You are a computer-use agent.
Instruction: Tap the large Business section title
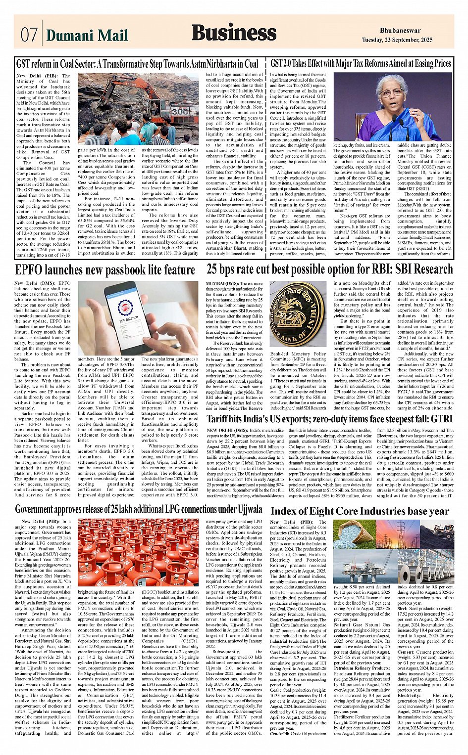[234, 33]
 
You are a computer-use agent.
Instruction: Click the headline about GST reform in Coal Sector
[137, 64]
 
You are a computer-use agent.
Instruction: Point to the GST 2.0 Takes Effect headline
[361, 64]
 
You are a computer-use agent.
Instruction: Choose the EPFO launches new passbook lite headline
[104, 270]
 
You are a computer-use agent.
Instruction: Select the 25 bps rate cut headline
[329, 269]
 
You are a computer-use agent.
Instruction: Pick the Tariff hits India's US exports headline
[329, 419]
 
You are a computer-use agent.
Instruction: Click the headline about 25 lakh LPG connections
[138, 509]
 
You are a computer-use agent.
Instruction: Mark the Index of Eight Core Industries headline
[360, 511]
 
